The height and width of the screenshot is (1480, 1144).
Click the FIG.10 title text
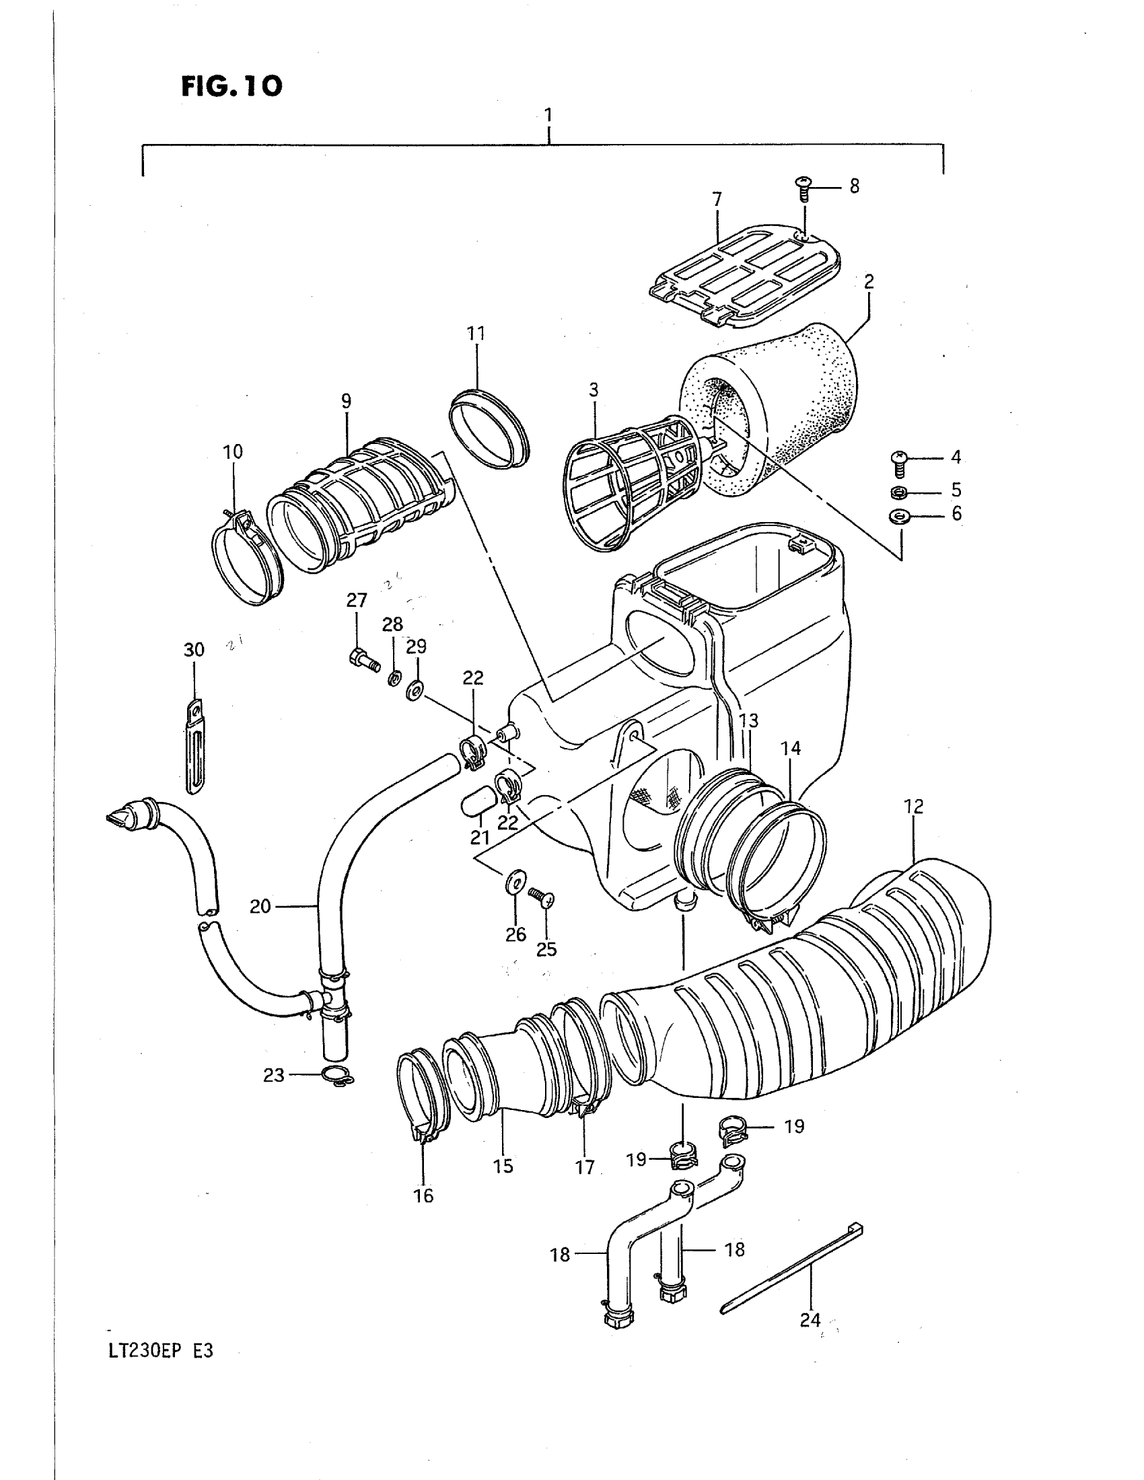click(x=231, y=86)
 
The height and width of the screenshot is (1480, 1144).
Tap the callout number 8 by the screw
click(x=854, y=186)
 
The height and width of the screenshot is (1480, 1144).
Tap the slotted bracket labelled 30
click(x=195, y=745)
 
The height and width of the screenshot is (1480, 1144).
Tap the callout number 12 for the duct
click(x=913, y=807)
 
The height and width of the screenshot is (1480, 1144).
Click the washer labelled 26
click(x=513, y=883)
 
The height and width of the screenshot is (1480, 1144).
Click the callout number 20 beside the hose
click(x=260, y=906)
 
